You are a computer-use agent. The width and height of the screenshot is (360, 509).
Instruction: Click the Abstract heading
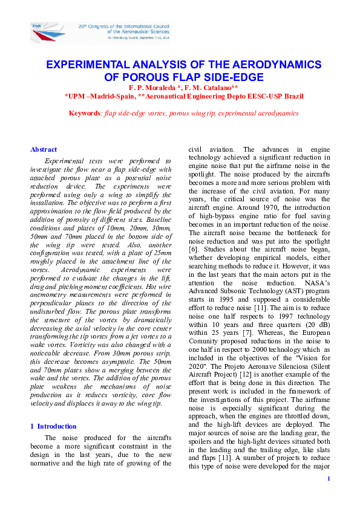[x=44, y=149]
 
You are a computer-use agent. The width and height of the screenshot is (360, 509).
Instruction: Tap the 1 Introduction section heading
[x=53, y=426]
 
